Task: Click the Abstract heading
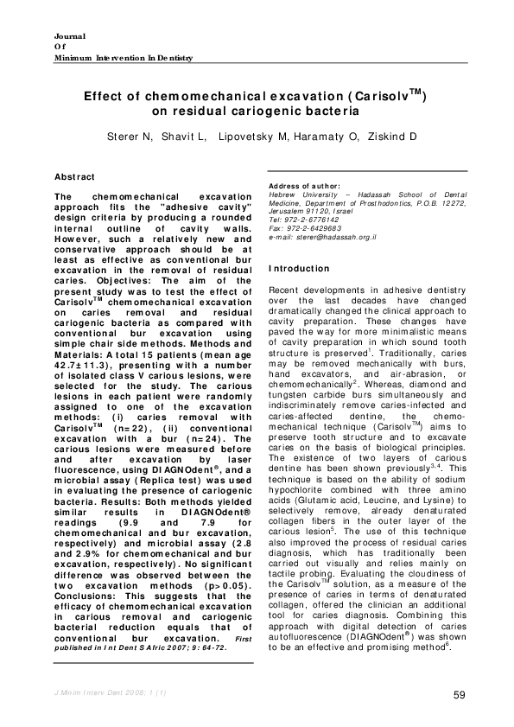point(74,176)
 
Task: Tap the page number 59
point(460,696)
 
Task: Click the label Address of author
point(305,186)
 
